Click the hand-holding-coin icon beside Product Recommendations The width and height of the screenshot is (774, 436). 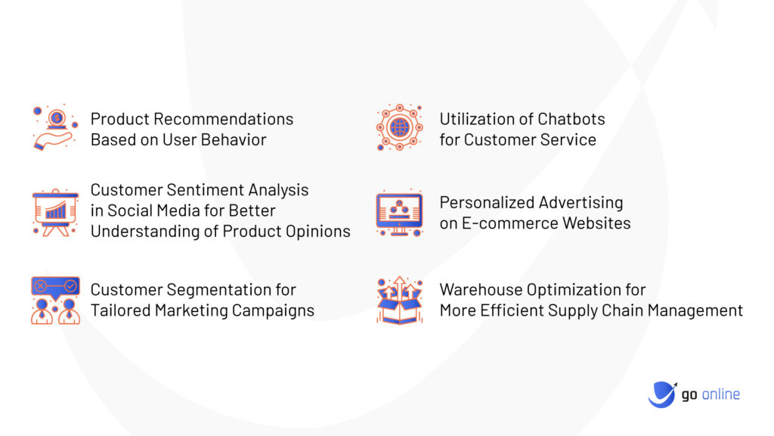pyautogui.click(x=54, y=128)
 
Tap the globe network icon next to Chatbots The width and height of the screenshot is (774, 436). pyautogui.click(x=399, y=127)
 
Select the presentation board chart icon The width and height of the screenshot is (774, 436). pyautogui.click(x=55, y=213)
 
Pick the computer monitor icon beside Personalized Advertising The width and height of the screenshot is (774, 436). pyautogui.click(x=399, y=213)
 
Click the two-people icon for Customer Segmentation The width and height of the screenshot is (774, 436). pyautogui.click(x=55, y=300)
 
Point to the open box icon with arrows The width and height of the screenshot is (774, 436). pyautogui.click(x=399, y=301)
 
